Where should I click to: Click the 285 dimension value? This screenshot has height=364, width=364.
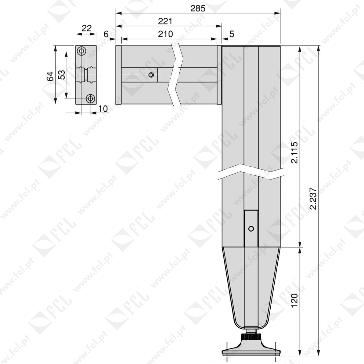(198, 8)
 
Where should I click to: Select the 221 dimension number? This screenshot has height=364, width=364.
(165, 21)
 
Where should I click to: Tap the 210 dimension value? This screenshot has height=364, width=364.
(165, 34)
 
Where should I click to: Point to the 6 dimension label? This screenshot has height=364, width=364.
(106, 34)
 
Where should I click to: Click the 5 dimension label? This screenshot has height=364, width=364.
(232, 34)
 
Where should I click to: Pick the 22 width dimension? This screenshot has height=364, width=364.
(87, 28)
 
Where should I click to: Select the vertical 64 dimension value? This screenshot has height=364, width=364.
(50, 77)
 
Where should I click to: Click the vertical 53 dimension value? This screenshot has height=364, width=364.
(62, 75)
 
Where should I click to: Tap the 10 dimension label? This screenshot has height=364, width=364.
(103, 109)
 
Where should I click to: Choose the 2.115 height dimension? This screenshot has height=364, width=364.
(294, 153)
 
